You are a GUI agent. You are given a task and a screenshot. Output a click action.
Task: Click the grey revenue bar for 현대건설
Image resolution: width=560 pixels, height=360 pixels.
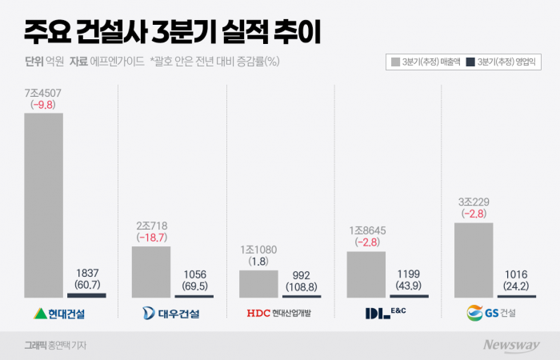coord(43,205)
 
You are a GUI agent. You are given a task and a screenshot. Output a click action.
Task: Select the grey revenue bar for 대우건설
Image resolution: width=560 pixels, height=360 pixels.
coord(151,271)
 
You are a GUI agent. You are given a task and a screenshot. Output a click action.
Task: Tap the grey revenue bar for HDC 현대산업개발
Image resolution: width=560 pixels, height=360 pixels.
coord(258,283)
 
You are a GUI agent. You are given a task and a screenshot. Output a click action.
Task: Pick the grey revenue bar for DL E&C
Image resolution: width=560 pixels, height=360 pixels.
coord(366,274)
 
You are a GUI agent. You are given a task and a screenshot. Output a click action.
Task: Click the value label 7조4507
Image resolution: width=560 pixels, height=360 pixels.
coord(43,93)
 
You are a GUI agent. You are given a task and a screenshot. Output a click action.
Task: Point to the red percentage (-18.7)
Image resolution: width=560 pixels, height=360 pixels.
coord(151,238)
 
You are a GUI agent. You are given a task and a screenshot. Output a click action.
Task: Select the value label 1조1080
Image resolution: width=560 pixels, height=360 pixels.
coord(258,250)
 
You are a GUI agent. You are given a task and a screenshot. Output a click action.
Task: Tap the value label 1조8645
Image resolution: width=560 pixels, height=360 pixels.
coord(366,230)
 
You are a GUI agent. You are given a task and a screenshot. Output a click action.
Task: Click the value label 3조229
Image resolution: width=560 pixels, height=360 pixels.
coord(474,202)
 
